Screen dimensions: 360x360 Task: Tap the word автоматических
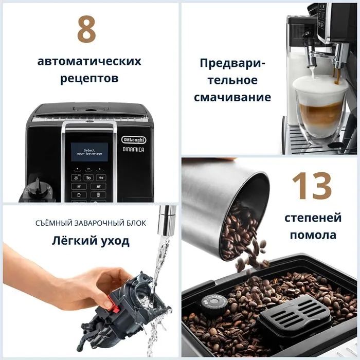coord(89,61)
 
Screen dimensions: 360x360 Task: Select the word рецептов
coord(89,79)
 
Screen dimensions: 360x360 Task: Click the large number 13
coord(312,186)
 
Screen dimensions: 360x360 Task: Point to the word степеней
coord(313,218)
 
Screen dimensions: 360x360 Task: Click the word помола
coord(313,236)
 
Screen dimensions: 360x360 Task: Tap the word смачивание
coord(232,97)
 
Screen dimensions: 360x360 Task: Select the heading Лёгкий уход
coord(90,240)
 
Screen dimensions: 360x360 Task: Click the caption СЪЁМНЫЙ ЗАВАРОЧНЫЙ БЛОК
coord(90,223)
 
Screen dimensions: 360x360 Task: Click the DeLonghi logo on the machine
coord(133,139)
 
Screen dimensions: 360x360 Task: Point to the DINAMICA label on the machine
coord(133,150)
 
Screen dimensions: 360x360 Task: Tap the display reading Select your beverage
coord(89,152)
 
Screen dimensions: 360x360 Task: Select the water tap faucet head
coord(167,219)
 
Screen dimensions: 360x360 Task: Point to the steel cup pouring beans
coord(226,206)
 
